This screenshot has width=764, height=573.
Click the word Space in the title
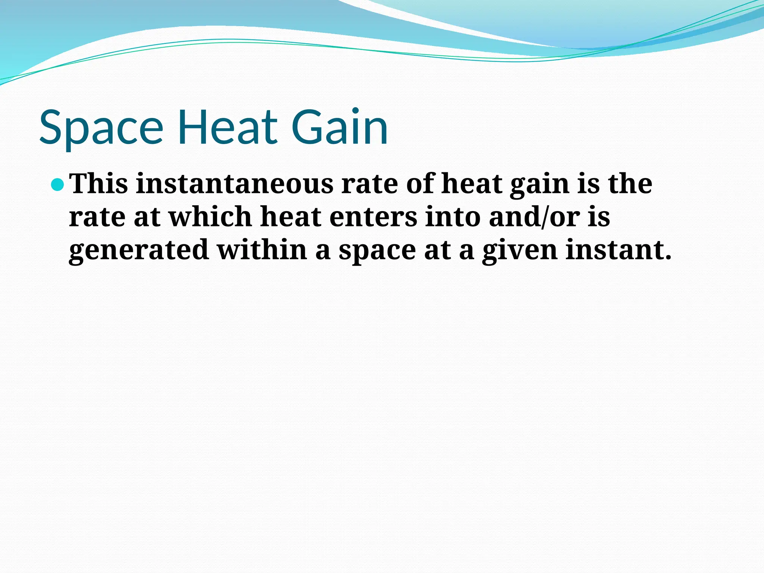tap(101, 127)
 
